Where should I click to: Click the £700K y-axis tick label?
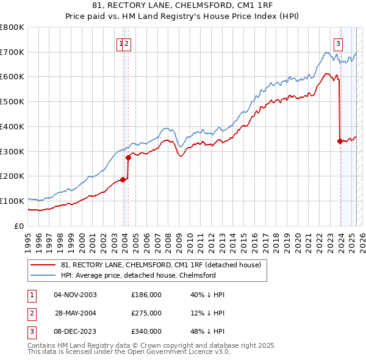pyautogui.click(x=12, y=52)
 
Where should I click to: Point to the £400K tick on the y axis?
pyautogui.click(x=12, y=126)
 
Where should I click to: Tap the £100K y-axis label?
pyautogui.click(x=12, y=201)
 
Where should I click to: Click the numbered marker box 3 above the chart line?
pyautogui.click(x=338, y=43)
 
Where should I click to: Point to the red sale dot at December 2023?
pyautogui.click(x=340, y=141)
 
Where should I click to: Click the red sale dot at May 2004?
pyautogui.click(x=129, y=157)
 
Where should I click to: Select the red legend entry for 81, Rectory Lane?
pyautogui.click(x=161, y=265)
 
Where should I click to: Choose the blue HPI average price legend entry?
pyautogui.click(x=138, y=275)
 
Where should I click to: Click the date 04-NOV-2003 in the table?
pyautogui.click(x=75, y=295)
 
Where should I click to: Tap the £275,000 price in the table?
pyautogui.click(x=146, y=313)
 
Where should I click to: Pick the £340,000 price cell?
pyautogui.click(x=146, y=331)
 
